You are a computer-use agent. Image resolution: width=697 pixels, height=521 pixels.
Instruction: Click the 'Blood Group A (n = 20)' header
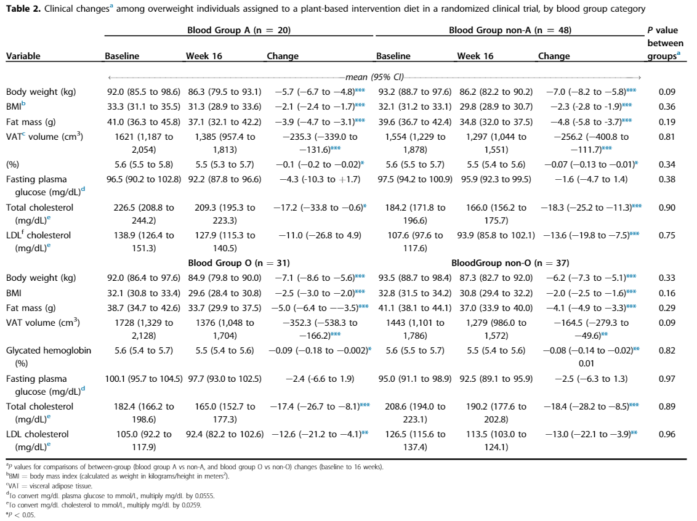(x=239, y=30)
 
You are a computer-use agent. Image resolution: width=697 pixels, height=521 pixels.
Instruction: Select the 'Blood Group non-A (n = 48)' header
(x=510, y=30)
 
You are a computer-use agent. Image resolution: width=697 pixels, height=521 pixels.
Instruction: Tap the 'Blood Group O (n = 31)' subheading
(x=239, y=263)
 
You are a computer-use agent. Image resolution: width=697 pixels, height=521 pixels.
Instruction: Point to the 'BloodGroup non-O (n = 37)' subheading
(x=510, y=263)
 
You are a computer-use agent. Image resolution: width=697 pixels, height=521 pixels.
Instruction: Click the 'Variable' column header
(x=23, y=56)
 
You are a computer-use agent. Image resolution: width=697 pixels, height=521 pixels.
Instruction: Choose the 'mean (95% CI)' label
(x=374, y=77)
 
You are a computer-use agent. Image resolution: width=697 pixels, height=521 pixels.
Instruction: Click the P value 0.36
(x=667, y=107)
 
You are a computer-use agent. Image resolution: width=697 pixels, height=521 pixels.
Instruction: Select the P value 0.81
(x=667, y=137)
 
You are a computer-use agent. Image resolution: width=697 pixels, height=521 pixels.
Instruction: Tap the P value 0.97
(x=667, y=379)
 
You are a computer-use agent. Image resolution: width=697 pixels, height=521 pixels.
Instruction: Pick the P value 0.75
(x=667, y=235)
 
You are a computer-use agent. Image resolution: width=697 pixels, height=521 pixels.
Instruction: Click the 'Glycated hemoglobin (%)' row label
(x=49, y=357)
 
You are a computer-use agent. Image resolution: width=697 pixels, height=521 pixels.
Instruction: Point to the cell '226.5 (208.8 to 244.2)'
(x=143, y=214)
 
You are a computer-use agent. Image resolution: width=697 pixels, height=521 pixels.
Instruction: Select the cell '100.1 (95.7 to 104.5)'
(x=143, y=379)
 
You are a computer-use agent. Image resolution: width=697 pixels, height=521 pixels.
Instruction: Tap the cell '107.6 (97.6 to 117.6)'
(x=415, y=241)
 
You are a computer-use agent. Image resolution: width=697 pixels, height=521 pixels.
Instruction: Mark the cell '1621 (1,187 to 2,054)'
(x=143, y=143)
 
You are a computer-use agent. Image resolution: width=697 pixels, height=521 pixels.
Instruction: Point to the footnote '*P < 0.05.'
(x=20, y=515)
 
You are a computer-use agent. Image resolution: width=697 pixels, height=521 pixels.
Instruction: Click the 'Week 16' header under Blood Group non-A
(x=475, y=56)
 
